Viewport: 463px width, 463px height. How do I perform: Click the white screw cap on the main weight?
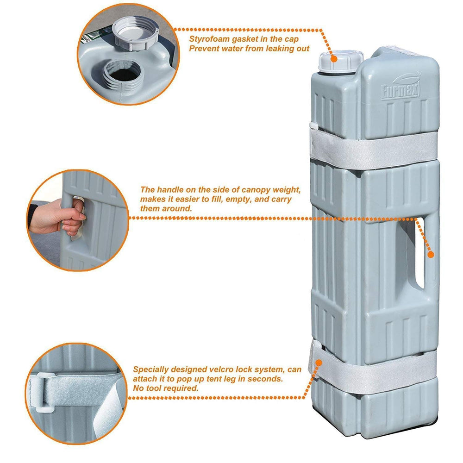tap(340, 63)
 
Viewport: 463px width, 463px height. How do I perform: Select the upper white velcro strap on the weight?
tap(374, 150)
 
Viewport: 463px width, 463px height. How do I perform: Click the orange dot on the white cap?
tap(334, 59)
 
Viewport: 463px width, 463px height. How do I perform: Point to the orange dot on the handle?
tap(431, 254)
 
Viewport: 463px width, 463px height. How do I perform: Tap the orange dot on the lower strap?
tap(319, 363)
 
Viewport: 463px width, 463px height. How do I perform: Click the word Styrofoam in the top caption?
tap(209, 39)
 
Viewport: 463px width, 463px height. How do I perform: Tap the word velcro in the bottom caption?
tap(221, 369)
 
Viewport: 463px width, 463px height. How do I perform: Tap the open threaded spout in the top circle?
tap(124, 76)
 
